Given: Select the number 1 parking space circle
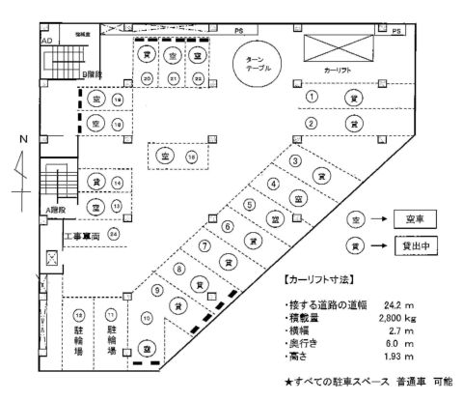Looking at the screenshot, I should tap(312, 98).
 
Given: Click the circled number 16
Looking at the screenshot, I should tap(191, 156).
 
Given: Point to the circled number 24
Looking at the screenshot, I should tap(114, 233).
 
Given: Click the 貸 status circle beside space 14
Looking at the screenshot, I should tap(95, 182).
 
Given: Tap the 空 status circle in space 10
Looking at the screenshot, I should tap(148, 347).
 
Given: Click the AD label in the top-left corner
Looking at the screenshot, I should tap(45, 42).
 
